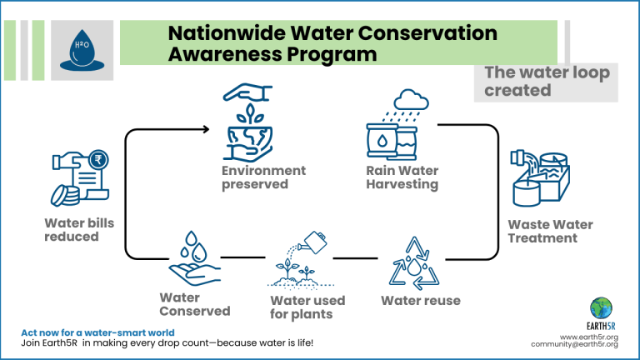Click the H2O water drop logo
pyautogui.click(x=82, y=50)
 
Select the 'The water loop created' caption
pyautogui.click(x=547, y=81)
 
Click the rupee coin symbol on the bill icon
pyautogui.click(x=98, y=159)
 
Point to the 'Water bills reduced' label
pyautogui.click(x=79, y=230)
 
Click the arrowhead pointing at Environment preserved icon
pyautogui.click(x=206, y=129)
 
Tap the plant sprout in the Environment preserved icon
pyautogui.click(x=250, y=114)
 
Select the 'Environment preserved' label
pyautogui.click(x=263, y=177)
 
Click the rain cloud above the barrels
pyautogui.click(x=411, y=100)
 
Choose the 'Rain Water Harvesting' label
pyautogui.click(x=402, y=177)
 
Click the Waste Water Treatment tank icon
pyautogui.click(x=540, y=178)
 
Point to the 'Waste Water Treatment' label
pyautogui.click(x=550, y=231)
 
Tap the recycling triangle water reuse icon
pyautogui.click(x=414, y=263)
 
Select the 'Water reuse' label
pyautogui.click(x=421, y=301)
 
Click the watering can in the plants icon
pyautogui.click(x=313, y=242)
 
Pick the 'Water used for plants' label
pyautogui.click(x=307, y=307)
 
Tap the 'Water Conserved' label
pyautogui.click(x=195, y=304)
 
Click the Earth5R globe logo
pyautogui.click(x=601, y=308)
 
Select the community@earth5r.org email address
pyautogui.click(x=574, y=344)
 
